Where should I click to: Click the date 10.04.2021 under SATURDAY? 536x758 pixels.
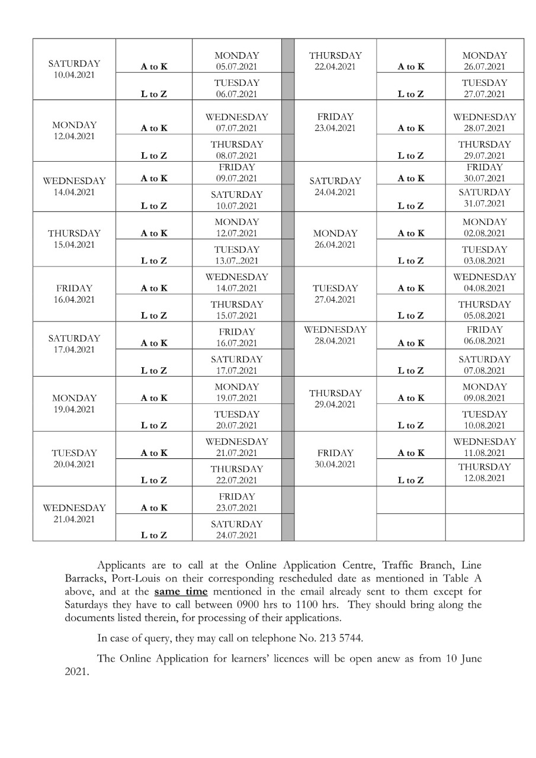74,75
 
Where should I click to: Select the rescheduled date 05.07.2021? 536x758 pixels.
236,67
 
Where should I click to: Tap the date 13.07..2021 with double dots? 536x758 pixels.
236,261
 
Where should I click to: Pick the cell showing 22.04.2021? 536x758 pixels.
335,67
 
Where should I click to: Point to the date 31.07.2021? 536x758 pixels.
484,204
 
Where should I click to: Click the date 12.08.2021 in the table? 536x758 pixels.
484,478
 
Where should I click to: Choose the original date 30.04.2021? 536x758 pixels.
335,464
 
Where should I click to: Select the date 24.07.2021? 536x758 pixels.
236,536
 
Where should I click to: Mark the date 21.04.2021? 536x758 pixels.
74,519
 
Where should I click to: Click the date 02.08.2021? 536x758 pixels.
484,233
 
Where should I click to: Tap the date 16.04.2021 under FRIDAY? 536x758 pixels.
74,300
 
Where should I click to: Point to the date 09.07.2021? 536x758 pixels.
236,178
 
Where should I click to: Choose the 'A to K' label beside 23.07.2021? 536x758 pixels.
154,508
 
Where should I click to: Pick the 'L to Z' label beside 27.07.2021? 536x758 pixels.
410,94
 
